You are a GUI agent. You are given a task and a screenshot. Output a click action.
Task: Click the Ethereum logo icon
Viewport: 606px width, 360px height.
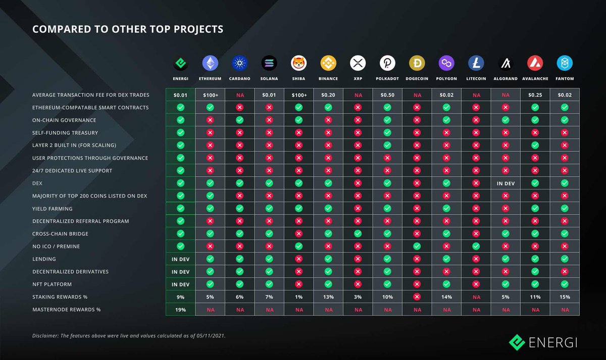(210, 63)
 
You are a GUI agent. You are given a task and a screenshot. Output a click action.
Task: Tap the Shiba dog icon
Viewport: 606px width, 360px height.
(298, 63)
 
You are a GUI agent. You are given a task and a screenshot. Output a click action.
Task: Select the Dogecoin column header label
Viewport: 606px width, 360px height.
(417, 79)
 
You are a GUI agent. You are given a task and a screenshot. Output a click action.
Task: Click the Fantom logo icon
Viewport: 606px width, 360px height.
(565, 63)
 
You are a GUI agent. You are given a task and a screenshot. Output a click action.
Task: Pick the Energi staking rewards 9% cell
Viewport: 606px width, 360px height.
(180, 297)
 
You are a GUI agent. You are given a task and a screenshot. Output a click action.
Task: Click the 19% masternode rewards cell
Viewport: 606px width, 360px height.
(180, 310)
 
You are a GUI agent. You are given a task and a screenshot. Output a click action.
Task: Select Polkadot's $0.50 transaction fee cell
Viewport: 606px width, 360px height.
(387, 95)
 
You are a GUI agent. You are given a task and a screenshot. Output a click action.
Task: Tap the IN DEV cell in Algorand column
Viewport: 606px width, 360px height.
(506, 183)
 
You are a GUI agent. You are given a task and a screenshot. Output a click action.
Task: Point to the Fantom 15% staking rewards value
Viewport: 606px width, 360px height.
(565, 297)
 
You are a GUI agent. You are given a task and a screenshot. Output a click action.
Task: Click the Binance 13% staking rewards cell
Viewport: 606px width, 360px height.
(328, 297)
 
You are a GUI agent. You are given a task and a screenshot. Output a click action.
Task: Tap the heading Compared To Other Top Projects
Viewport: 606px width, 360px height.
(127, 29)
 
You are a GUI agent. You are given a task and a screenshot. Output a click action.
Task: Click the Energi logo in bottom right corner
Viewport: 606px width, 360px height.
(542, 342)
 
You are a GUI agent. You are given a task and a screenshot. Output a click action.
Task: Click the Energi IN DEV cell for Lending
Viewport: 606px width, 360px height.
(180, 259)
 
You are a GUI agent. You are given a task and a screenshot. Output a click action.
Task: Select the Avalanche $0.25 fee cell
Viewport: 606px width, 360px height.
(535, 95)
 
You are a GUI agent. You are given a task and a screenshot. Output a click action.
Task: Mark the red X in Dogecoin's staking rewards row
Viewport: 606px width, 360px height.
(417, 297)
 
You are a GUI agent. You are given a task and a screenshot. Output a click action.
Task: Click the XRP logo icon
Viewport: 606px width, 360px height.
(358, 63)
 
